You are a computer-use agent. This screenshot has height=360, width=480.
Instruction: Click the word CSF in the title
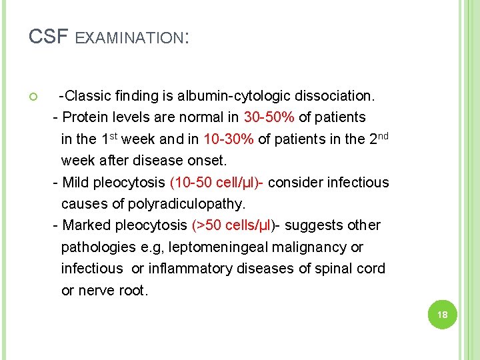[x=48, y=36]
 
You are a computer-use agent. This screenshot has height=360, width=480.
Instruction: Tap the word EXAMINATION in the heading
[x=129, y=39]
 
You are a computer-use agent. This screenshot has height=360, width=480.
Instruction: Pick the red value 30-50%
[x=269, y=117]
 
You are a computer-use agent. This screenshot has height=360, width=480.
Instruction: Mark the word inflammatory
[x=189, y=269]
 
